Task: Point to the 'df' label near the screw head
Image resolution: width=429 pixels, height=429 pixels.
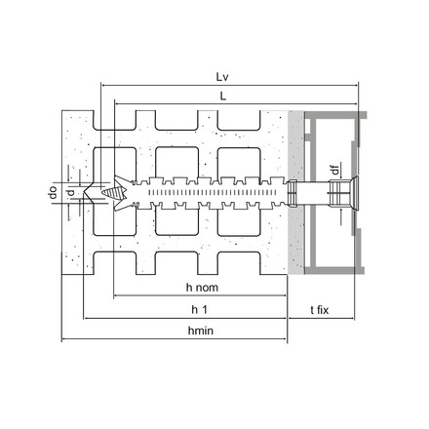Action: point(334,172)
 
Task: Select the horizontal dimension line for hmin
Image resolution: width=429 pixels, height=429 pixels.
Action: point(175,340)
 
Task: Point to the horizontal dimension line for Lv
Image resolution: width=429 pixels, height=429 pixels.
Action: point(230,85)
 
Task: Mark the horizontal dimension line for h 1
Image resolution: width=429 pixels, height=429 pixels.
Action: point(185,318)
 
